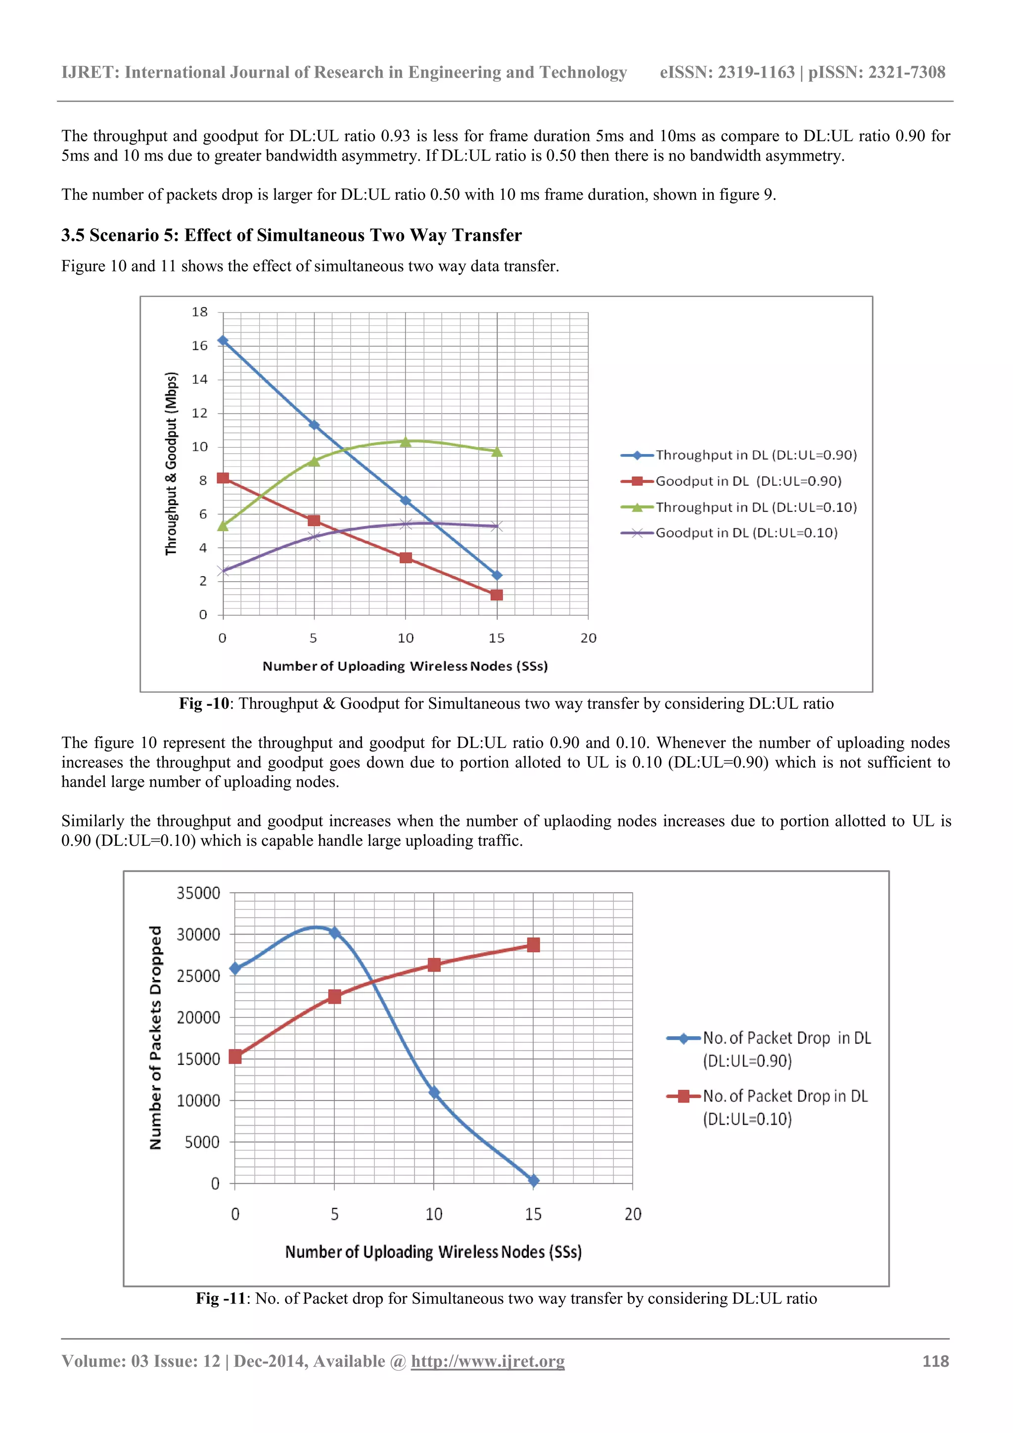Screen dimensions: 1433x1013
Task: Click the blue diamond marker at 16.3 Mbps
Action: point(223,341)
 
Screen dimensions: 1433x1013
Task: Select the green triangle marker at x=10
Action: point(405,442)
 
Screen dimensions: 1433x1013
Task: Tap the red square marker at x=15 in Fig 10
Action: point(497,595)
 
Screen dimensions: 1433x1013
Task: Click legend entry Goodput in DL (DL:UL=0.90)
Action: point(748,481)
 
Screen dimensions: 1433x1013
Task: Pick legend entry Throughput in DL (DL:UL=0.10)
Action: point(755,508)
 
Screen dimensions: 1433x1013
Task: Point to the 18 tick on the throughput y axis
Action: point(200,312)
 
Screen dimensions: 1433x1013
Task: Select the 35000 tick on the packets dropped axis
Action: point(198,893)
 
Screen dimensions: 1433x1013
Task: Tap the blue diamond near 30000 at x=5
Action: point(334,932)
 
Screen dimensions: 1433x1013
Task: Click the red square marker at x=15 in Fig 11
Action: point(533,945)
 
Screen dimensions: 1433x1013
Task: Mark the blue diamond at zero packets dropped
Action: point(533,1180)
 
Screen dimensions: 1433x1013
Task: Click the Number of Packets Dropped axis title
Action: point(155,1037)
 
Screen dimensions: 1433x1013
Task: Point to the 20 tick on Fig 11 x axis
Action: point(633,1214)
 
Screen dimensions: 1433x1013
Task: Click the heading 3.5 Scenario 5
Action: point(291,235)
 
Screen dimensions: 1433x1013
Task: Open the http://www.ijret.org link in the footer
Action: point(488,1361)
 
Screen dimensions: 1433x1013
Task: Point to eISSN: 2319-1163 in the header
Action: point(727,72)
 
